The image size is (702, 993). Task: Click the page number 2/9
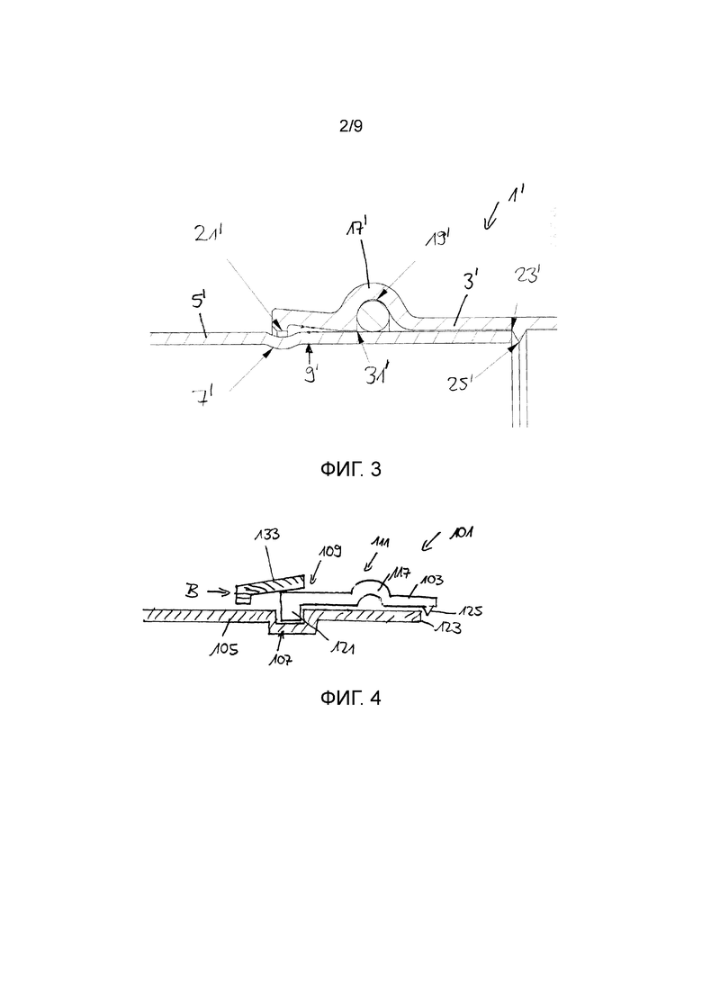click(x=351, y=126)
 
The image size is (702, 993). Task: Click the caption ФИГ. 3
click(x=351, y=469)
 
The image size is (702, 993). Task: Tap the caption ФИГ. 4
click(x=351, y=698)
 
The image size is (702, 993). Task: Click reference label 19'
click(x=439, y=239)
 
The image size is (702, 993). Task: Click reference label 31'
click(x=379, y=375)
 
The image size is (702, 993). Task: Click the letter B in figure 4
click(x=194, y=591)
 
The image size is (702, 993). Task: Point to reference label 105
click(x=225, y=648)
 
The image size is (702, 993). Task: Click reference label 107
click(x=282, y=659)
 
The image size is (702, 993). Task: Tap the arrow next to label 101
click(x=433, y=542)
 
